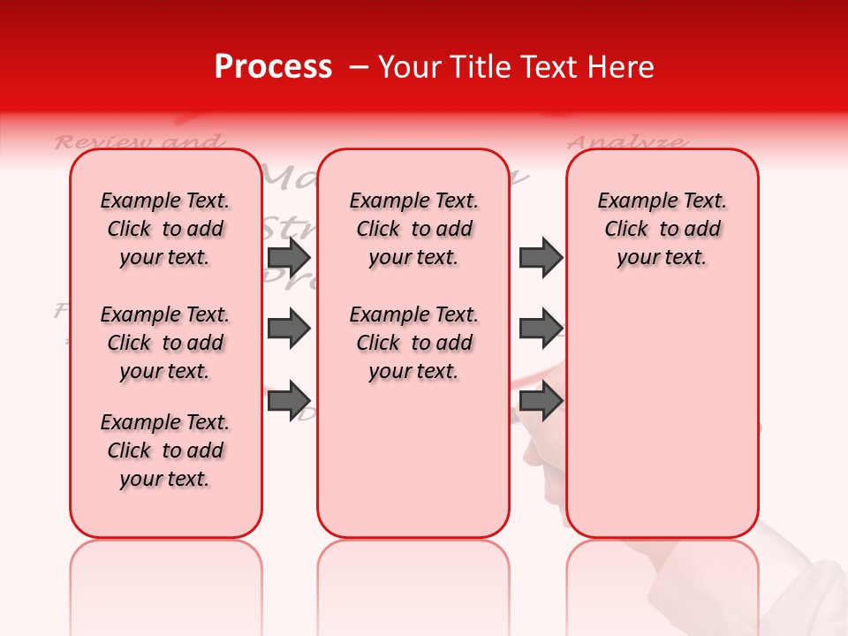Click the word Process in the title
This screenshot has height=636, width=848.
click(273, 67)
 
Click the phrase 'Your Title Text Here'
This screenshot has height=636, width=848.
click(516, 67)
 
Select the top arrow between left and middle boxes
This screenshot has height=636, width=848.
click(289, 257)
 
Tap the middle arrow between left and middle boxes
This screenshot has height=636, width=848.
click(289, 329)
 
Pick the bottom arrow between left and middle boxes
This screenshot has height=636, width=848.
click(289, 399)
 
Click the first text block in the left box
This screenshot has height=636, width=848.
click(165, 229)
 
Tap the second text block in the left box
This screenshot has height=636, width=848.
click(165, 343)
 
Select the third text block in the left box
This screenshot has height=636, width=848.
click(165, 450)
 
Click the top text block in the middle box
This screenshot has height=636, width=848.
click(413, 229)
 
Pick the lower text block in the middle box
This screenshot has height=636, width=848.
click(413, 343)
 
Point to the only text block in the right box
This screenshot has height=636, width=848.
click(662, 229)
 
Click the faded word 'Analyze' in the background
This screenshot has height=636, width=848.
click(626, 141)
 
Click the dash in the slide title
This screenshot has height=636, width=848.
click(358, 67)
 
